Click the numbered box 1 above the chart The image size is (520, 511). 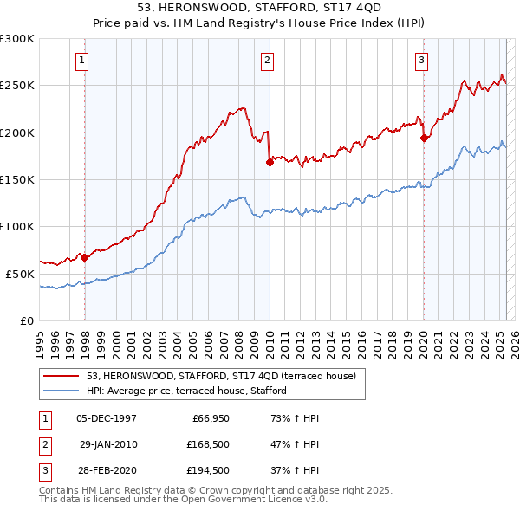pos(81,60)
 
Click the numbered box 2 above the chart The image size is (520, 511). pos(267,60)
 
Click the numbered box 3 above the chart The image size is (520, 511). pos(421,60)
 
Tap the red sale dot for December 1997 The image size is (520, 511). pos(85,257)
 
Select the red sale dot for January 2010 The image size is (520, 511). pos(270,161)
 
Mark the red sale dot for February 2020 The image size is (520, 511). pos(424,137)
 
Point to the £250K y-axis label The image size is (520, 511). pos(16,86)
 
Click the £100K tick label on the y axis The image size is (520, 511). pos(16,226)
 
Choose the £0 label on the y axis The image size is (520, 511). pos(26,320)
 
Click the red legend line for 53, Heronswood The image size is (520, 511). pos(61,375)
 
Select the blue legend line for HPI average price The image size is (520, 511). pos(61,391)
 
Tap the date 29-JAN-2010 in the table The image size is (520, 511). pos(107,444)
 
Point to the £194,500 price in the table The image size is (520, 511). pos(208,470)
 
